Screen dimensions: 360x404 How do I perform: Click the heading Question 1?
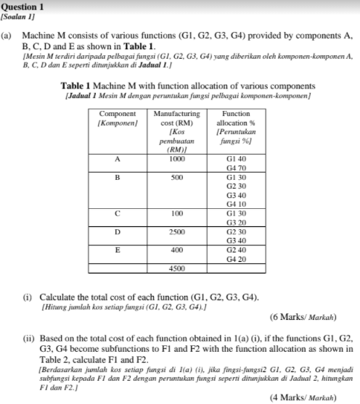click(22, 6)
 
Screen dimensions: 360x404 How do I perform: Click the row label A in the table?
click(117, 159)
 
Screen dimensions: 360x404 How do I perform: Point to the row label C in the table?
click(117, 214)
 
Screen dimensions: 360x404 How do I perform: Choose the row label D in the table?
click(117, 232)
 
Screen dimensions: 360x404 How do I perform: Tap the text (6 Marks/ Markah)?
click(303, 317)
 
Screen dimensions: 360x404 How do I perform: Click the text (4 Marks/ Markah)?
click(303, 397)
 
